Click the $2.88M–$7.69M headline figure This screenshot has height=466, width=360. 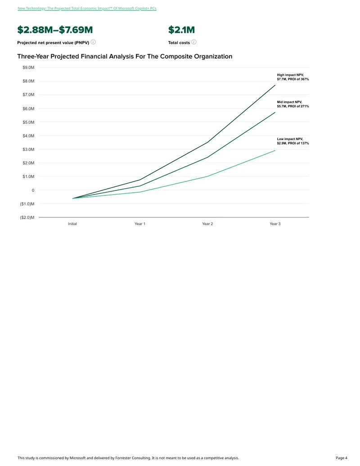(55, 30)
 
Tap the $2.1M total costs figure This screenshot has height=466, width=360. (181, 30)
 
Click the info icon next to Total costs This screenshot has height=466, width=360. (194, 42)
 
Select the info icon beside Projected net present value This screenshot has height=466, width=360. (93, 42)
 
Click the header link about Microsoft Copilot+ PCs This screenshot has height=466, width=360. (87, 8)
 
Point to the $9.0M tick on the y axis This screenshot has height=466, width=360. (28, 68)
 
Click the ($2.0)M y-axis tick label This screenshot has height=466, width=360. (27, 217)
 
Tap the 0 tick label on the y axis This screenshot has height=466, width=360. (33, 190)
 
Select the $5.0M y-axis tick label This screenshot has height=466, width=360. (28, 122)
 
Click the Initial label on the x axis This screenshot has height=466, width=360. (72, 224)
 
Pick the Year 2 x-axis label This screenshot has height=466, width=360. (207, 224)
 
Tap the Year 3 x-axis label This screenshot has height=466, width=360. (275, 224)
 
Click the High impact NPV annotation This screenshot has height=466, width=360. (293, 77)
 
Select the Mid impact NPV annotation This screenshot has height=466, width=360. (293, 104)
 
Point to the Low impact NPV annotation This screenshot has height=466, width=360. (293, 141)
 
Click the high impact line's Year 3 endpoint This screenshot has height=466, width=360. (275, 85)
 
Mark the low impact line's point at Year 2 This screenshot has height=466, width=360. (207, 176)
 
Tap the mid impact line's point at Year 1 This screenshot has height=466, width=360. (140, 186)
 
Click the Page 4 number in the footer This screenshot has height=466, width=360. (342, 458)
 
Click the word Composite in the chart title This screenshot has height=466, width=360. (175, 56)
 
